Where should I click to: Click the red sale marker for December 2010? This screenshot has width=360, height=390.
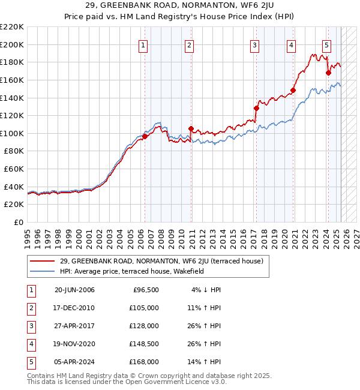click(191, 128)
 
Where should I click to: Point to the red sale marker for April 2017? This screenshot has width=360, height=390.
click(256, 108)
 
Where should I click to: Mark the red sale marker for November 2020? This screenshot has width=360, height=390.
click(293, 91)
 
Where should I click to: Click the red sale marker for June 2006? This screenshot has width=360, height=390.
click(145, 137)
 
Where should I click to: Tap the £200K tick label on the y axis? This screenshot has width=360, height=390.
click(12, 44)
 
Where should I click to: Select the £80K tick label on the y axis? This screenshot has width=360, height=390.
click(14, 151)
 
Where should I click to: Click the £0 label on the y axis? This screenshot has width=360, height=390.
click(19, 223)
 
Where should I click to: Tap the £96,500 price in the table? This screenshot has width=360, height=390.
click(146, 290)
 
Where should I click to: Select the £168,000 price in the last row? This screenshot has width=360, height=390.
click(144, 362)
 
